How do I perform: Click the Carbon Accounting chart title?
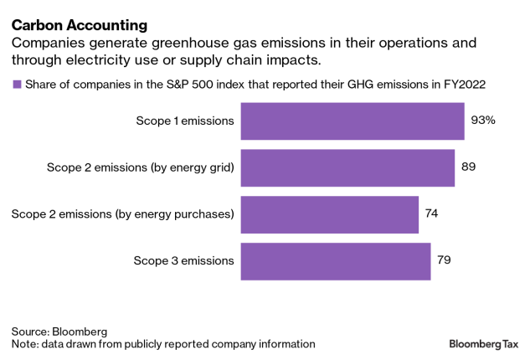click(80, 25)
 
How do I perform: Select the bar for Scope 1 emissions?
click(352, 121)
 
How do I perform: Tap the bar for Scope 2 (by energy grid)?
click(347, 167)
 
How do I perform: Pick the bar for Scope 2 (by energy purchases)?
click(329, 214)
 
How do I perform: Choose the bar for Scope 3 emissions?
click(335, 260)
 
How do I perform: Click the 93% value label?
click(483, 121)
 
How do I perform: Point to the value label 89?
click(469, 167)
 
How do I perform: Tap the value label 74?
click(431, 214)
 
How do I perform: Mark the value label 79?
click(444, 260)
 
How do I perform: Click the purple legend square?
click(17, 84)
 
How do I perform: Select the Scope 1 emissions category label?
click(185, 121)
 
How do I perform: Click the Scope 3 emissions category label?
click(184, 260)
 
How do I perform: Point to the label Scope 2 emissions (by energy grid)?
click(140, 167)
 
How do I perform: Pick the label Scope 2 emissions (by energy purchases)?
click(122, 214)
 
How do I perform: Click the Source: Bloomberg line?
click(59, 331)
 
